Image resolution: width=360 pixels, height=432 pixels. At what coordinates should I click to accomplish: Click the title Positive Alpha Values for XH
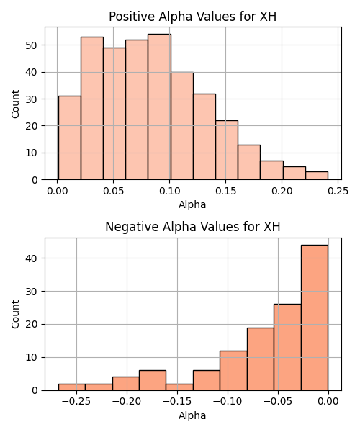click(x=192, y=17)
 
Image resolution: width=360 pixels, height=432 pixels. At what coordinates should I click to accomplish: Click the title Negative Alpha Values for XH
click(x=192, y=227)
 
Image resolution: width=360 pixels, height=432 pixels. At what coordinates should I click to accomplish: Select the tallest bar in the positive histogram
click(x=159, y=107)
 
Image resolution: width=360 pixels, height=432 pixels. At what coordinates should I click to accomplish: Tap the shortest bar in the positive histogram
click(x=317, y=176)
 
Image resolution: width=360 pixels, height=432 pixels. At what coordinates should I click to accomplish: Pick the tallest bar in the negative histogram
click(x=315, y=318)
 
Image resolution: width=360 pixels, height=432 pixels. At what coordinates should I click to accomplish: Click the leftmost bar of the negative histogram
click(x=71, y=387)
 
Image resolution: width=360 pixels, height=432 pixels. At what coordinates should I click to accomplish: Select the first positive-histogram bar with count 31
click(x=70, y=138)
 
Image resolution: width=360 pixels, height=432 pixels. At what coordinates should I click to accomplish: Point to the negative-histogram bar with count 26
click(x=287, y=347)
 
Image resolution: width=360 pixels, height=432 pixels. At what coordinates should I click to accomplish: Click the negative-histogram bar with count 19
click(x=261, y=359)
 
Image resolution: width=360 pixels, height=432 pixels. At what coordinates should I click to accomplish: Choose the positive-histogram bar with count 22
click(x=227, y=150)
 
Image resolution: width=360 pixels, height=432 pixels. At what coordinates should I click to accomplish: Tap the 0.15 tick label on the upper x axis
click(x=225, y=191)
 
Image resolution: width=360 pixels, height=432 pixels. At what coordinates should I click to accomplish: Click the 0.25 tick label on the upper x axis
click(x=338, y=191)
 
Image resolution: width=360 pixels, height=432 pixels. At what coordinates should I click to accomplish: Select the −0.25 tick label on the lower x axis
click(x=76, y=402)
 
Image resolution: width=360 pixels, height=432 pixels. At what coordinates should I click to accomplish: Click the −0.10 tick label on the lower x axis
click(x=228, y=402)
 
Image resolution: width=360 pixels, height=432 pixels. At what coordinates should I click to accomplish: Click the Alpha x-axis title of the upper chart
click(x=192, y=204)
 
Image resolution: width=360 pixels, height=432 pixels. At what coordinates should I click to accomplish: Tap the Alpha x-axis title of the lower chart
click(x=192, y=415)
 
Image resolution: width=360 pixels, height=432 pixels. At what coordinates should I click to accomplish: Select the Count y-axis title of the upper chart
click(x=15, y=104)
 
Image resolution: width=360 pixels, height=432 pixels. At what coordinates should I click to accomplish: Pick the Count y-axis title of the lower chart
click(x=15, y=315)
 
